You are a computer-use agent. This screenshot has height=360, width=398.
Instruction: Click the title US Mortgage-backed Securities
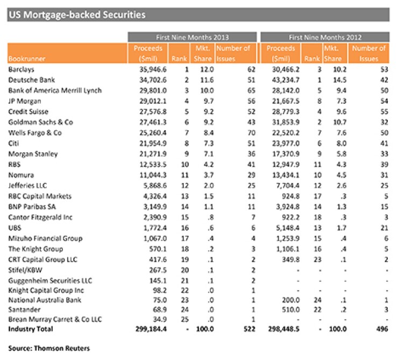(76, 15)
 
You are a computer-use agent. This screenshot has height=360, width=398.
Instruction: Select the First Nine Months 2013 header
(193, 37)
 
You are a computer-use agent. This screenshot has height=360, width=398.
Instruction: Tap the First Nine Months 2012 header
(324, 37)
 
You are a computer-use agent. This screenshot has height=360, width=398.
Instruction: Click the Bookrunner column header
(26, 59)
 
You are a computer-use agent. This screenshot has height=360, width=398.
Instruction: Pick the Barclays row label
(22, 69)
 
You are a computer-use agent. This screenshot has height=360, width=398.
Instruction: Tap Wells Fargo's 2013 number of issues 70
(248, 133)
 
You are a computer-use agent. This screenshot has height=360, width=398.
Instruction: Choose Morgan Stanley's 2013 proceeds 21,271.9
(148, 154)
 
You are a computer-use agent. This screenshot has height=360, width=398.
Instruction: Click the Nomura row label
(20, 175)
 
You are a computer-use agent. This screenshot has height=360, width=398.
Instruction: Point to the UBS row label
(15, 228)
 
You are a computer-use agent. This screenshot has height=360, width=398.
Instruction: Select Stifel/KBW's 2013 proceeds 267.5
(153, 270)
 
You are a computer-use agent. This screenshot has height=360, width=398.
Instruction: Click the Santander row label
(23, 312)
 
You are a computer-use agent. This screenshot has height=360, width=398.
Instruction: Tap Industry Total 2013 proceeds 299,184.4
(146, 329)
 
